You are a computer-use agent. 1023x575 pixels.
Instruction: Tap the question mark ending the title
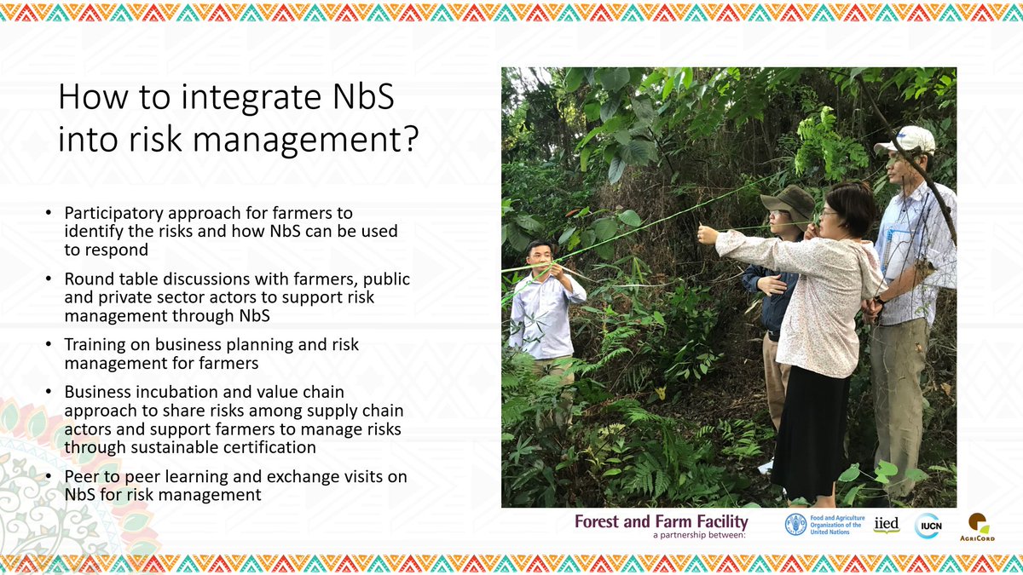[408, 139]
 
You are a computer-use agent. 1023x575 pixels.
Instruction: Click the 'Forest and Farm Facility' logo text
[662, 521]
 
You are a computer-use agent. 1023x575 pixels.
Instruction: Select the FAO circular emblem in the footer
[795, 525]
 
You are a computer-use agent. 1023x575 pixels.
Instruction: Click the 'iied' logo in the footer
[886, 524]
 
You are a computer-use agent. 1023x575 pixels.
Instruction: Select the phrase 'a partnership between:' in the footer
[697, 536]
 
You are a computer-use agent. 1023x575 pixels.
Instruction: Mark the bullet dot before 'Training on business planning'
[49, 346]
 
